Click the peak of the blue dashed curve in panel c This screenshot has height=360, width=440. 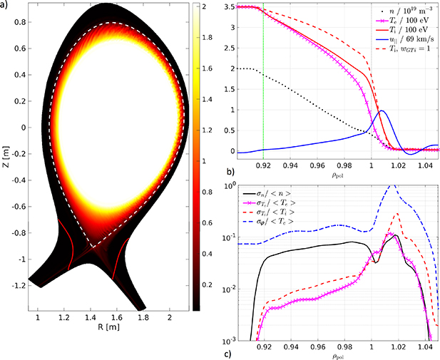[391, 186]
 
